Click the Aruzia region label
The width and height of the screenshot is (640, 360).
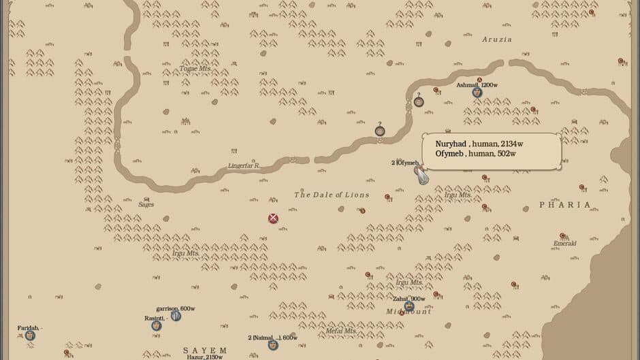[496, 39]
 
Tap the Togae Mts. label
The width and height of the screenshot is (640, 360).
[195, 69]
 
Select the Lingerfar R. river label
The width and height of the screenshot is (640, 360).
[244, 165]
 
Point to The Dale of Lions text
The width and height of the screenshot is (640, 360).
[332, 195]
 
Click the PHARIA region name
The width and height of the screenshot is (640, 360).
[565, 204]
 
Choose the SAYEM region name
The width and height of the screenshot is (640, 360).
[205, 350]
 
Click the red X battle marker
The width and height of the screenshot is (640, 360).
[273, 218]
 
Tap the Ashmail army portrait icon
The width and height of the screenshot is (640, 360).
[477, 93]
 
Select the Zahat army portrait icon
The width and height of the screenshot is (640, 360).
[409, 306]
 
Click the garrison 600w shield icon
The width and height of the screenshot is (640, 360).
[176, 316]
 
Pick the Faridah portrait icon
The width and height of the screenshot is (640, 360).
[30, 336]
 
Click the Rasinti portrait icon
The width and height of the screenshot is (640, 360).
[156, 325]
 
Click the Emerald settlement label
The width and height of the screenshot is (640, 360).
[564, 244]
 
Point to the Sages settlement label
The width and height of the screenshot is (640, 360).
[146, 204]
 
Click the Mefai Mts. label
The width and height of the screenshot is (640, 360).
[341, 331]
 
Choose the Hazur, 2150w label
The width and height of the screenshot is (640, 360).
[204, 357]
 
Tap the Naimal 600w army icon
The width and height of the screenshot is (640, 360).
[273, 345]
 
